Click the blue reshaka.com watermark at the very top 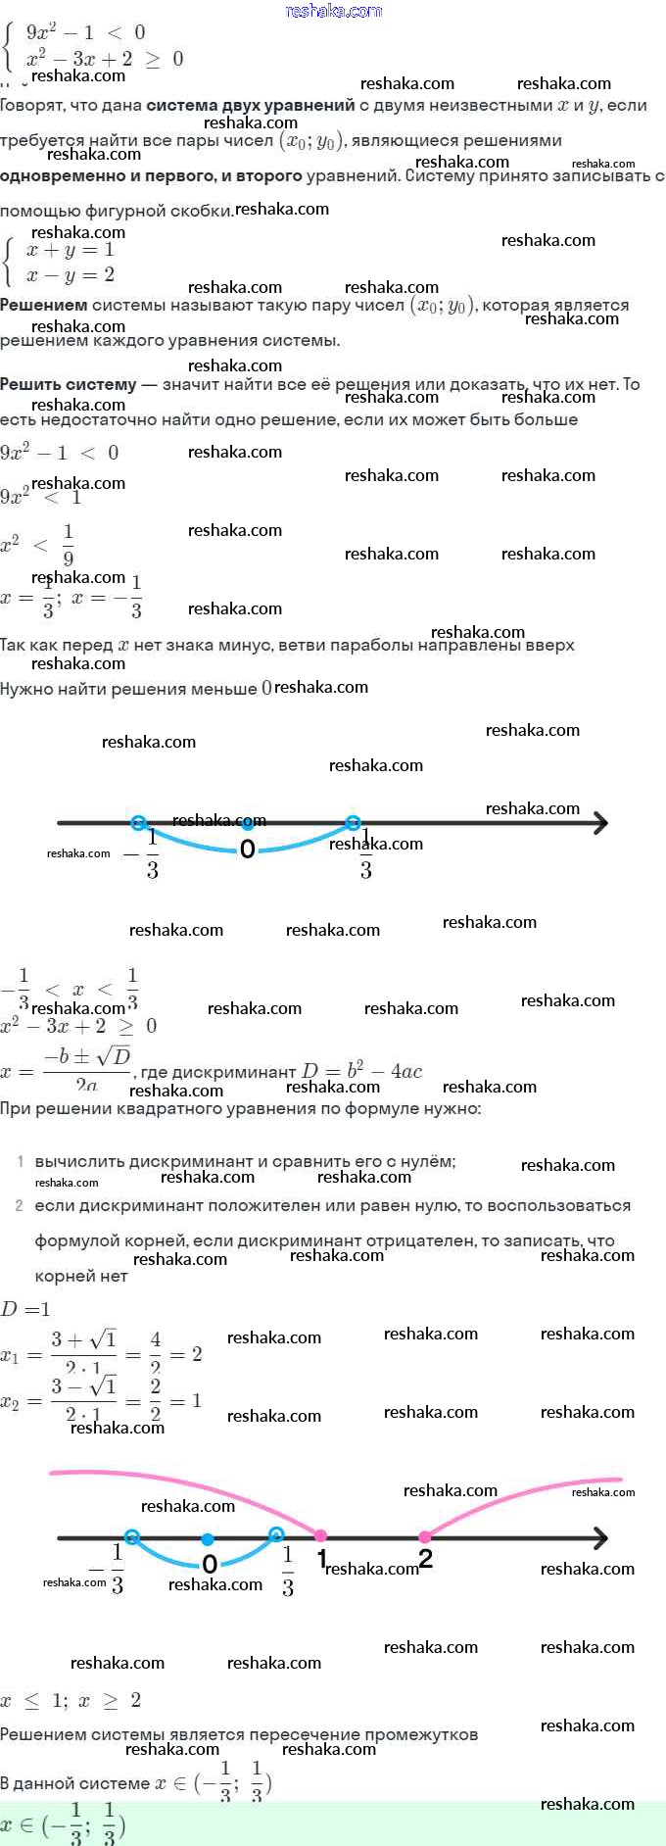pos(333,11)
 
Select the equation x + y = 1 pos(70,250)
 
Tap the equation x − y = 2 pos(70,275)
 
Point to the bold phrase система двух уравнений pos(251,105)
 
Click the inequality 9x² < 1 pos(41,496)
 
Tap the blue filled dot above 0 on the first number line pos(248,824)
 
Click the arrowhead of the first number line pos(599,823)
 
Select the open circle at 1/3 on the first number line pos(354,823)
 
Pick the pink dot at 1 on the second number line pos(320,1536)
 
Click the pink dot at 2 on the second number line pos(424,1537)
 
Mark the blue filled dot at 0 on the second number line pos(208,1539)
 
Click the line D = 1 pos(25,1309)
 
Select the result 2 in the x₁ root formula pos(197,1354)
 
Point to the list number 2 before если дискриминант pos(20,1205)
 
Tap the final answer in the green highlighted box pos(64,1823)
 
